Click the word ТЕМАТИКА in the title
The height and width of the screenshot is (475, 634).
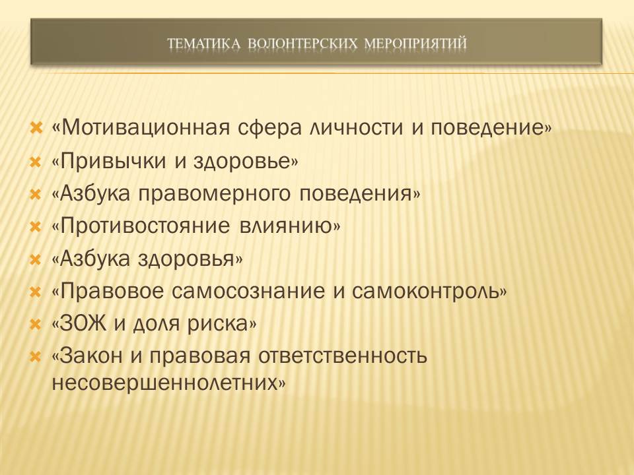[204, 44]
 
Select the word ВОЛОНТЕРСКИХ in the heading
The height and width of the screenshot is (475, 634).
[303, 44]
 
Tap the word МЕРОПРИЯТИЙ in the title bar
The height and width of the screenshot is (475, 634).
[415, 44]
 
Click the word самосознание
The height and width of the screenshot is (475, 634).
[248, 292]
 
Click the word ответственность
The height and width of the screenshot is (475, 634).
[343, 356]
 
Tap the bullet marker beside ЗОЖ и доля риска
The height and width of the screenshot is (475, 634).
[36, 324]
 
